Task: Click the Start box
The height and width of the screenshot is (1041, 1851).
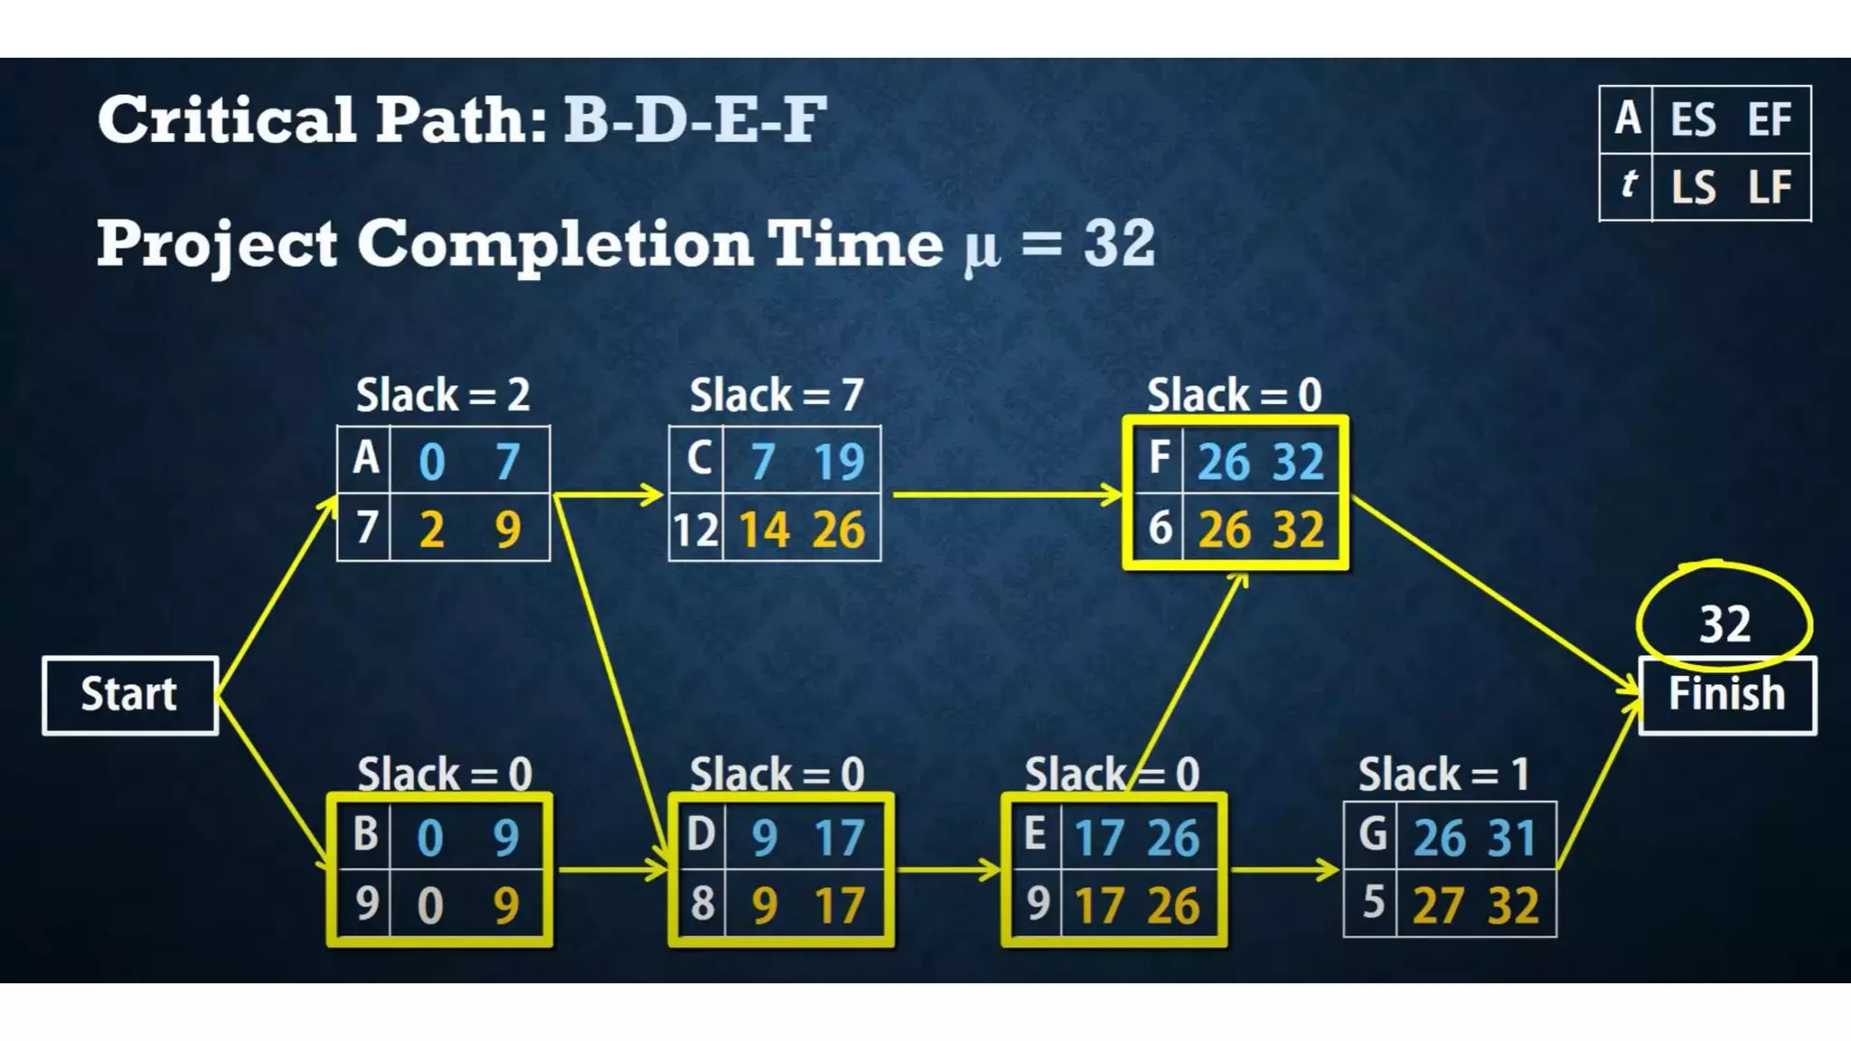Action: (x=130, y=695)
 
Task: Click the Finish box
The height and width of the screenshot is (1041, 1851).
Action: (x=1726, y=695)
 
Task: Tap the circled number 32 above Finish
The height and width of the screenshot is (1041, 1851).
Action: (x=1724, y=624)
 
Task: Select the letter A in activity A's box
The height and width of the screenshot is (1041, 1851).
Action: (x=365, y=459)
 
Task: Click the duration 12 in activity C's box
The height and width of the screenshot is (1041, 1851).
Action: (x=695, y=530)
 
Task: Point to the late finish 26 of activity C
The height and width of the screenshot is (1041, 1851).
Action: (x=838, y=530)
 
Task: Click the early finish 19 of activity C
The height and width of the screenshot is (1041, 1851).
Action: (x=839, y=461)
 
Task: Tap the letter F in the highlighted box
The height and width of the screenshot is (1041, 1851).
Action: (x=1160, y=457)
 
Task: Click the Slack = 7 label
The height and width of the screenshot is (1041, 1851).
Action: (x=776, y=395)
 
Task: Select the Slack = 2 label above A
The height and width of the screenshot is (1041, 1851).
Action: (x=443, y=395)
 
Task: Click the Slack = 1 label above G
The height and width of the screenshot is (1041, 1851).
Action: (x=1443, y=774)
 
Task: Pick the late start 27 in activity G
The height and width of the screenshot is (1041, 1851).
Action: (x=1437, y=905)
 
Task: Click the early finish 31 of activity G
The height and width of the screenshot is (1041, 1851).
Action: (x=1511, y=838)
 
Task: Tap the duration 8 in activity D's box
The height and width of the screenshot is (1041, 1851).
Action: (x=702, y=904)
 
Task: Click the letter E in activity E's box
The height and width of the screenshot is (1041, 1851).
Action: (x=1036, y=834)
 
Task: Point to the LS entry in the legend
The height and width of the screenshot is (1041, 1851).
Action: (x=1692, y=187)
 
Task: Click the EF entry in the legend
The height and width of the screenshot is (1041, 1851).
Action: (x=1769, y=119)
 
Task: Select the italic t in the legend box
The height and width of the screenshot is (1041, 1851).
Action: (x=1628, y=184)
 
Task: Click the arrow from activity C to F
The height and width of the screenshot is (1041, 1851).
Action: (x=1003, y=495)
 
